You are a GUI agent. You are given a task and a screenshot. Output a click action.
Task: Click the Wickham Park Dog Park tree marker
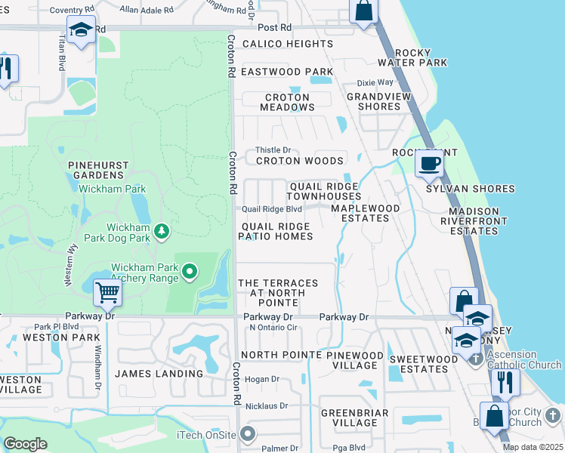[x=160, y=230]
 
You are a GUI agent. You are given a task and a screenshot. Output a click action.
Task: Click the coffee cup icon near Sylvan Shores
[x=430, y=162]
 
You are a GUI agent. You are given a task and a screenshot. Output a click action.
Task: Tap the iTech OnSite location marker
[x=246, y=434]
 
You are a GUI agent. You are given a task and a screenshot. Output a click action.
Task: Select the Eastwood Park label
[x=287, y=72]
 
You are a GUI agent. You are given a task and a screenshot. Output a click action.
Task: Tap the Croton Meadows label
[x=287, y=102]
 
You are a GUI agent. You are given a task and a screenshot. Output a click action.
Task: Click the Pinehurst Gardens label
[x=99, y=170]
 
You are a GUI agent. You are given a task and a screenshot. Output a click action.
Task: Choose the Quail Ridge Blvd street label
[x=272, y=210]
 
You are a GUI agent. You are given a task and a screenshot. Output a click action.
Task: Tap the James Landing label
[x=159, y=374]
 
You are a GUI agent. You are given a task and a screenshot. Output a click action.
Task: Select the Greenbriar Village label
[x=354, y=418]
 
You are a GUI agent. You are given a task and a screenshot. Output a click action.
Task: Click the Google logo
[x=26, y=444]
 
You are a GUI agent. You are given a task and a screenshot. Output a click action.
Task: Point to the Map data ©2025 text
[x=533, y=447]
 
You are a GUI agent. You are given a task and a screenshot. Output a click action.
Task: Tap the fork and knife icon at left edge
[x=6, y=69]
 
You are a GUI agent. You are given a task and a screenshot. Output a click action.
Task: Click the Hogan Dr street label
[x=262, y=379]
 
